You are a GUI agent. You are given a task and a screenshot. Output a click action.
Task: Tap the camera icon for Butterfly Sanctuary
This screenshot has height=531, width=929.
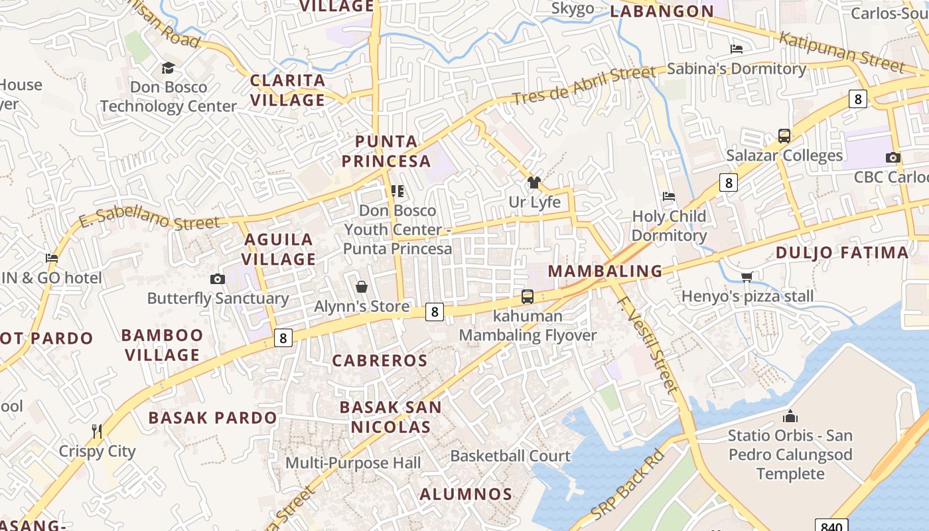[217, 279]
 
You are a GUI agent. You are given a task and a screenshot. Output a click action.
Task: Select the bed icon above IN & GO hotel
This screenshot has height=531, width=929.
[52, 258]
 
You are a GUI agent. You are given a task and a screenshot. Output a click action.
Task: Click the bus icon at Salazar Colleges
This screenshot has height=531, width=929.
[784, 136]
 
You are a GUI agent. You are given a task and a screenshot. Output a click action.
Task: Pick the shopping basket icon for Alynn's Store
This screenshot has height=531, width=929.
[362, 287]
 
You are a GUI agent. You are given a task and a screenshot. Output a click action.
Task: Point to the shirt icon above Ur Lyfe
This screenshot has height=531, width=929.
[534, 183]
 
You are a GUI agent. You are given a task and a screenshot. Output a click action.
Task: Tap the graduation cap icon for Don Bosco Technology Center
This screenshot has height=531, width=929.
[168, 68]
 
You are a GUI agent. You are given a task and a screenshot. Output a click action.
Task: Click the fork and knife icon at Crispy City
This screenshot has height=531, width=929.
[97, 431]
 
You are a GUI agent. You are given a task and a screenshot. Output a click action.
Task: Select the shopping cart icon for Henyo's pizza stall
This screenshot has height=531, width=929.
[747, 277]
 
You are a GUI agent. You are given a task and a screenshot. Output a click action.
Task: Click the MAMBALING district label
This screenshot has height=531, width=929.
[605, 271]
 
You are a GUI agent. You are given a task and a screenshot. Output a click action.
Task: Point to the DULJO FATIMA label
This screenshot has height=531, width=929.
[842, 252]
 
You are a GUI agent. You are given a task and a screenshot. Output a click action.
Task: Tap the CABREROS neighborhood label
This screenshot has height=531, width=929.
[380, 360]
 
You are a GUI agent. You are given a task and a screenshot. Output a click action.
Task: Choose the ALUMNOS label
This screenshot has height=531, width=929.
[466, 494]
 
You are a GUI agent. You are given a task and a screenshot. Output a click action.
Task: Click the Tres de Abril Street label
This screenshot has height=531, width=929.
[583, 84]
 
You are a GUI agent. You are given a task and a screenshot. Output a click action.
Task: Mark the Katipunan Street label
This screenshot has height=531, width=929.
[841, 52]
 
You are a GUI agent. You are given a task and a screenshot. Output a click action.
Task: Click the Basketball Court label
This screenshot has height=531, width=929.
[510, 456]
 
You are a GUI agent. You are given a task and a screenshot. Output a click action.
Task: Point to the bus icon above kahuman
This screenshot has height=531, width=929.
[528, 297]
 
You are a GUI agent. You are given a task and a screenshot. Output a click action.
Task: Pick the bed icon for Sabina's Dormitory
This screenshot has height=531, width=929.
[736, 48]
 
